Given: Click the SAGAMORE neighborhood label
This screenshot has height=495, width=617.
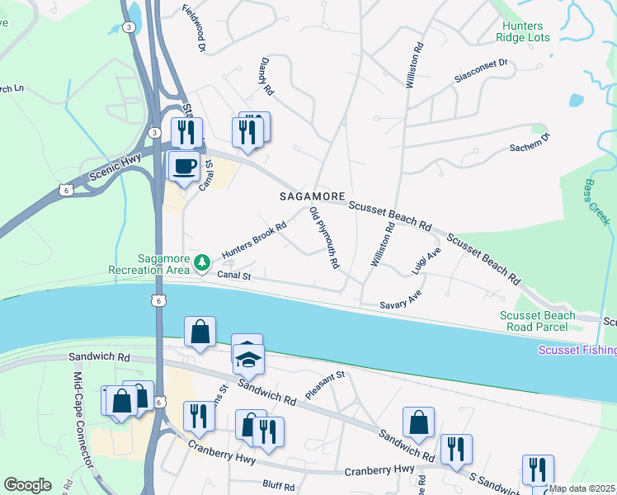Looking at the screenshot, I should coord(312,197).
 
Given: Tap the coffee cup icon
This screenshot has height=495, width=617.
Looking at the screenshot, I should coord(183,166).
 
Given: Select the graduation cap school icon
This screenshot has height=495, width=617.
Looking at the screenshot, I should coord(247,357).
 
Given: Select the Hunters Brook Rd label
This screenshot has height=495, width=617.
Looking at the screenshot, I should coord(253,238).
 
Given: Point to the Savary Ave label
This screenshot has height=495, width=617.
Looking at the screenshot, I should coord(401,304).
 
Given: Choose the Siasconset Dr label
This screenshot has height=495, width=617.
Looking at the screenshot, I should coord(482,72).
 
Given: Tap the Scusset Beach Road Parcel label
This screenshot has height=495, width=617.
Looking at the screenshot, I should coord(534,322).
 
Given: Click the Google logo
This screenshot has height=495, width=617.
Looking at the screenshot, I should coord(27,485).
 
